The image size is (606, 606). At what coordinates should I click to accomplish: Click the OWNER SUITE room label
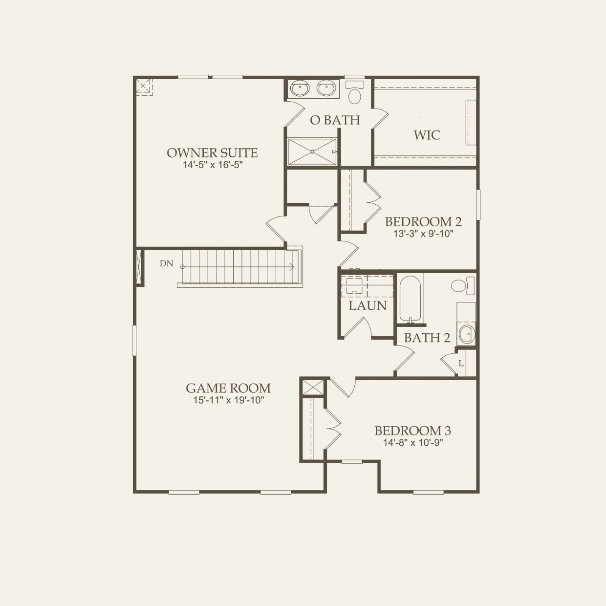[212, 152]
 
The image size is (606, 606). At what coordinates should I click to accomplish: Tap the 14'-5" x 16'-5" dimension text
[213, 165]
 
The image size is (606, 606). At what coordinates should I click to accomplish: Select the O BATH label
[335, 120]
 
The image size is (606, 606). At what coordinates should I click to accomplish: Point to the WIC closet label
[427, 135]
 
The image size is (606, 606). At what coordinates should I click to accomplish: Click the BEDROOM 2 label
[423, 221]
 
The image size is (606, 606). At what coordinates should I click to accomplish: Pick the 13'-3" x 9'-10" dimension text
[423, 234]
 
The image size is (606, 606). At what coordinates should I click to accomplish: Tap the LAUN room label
[368, 306]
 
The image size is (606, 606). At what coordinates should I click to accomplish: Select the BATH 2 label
[427, 338]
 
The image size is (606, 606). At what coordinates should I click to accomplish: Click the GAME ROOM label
[228, 388]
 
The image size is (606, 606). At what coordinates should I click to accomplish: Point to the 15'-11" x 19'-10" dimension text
[228, 401]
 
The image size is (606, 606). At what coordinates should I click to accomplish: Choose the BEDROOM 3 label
[412, 431]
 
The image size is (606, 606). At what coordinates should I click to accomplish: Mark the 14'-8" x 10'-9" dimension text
[412, 443]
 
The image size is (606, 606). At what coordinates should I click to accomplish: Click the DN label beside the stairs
[166, 263]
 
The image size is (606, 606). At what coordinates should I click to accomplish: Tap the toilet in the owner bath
[354, 93]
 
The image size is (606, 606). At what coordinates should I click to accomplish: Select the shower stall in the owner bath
[312, 151]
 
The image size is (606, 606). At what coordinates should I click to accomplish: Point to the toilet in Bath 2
[462, 285]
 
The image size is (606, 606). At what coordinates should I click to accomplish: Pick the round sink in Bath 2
[466, 334]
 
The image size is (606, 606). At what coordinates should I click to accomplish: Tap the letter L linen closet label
[461, 364]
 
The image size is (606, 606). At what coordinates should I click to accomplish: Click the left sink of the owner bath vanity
[300, 89]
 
